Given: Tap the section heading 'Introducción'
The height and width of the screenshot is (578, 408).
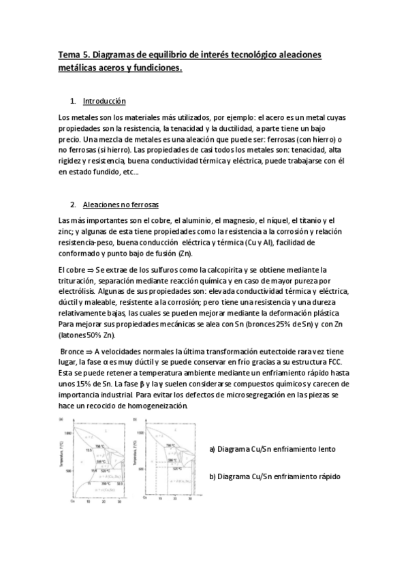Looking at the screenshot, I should pos(104,102).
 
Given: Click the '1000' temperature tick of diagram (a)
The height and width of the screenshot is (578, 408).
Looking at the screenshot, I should pos(67,433).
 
